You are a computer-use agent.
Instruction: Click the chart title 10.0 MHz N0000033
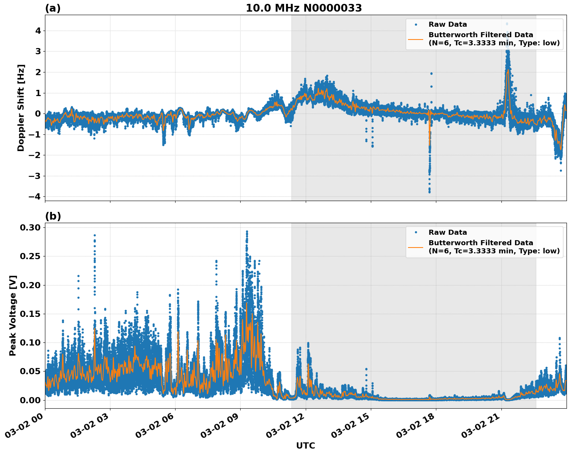[304, 8]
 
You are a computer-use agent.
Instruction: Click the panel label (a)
[53, 8]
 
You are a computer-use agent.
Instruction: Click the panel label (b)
[53, 216]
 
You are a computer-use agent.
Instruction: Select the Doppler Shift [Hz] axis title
[21, 108]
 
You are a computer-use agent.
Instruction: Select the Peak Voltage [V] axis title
[13, 315]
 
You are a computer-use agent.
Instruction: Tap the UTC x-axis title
[305, 445]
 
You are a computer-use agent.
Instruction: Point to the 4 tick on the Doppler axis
[38, 31]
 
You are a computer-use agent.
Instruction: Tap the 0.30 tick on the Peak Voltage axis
[31, 227]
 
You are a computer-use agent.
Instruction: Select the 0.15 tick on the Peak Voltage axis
[31, 314]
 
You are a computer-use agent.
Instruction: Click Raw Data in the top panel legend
[448, 24]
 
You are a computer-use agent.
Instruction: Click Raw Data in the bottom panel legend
[448, 232]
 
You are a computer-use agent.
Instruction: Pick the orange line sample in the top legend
[415, 39]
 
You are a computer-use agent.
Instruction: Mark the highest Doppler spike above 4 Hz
[507, 24]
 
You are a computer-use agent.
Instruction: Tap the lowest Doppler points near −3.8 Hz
[429, 191]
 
